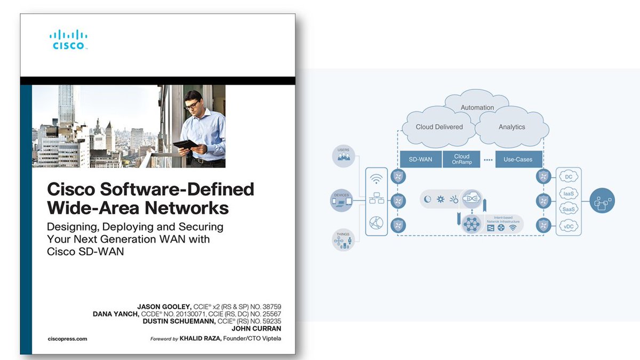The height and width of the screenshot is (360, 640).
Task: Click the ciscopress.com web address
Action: pyautogui.click(x=67, y=339)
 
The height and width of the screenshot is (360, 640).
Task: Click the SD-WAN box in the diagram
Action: pyautogui.click(x=420, y=159)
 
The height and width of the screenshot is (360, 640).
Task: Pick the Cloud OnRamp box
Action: pyautogui.click(x=461, y=159)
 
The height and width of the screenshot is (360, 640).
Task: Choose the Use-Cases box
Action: pyautogui.click(x=517, y=159)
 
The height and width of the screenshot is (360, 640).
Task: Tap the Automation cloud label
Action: pyautogui.click(x=477, y=107)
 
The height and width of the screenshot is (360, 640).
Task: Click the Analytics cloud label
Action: pyautogui.click(x=511, y=127)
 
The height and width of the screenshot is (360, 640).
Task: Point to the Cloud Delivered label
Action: pyautogui.click(x=439, y=127)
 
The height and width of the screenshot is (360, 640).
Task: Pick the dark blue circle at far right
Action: pyautogui.click(x=602, y=201)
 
